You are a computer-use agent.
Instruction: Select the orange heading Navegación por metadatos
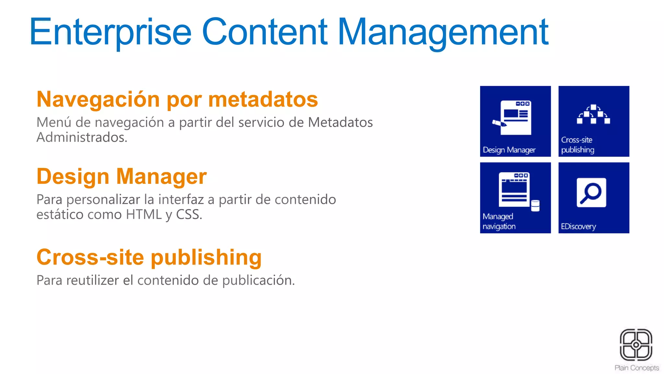(x=177, y=99)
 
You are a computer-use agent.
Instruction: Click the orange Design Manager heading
(x=122, y=176)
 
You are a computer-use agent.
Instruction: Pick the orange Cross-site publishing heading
(x=149, y=257)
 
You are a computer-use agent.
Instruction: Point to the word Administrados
(x=82, y=137)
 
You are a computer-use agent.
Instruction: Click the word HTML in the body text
(x=144, y=215)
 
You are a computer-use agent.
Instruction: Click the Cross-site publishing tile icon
(x=593, y=114)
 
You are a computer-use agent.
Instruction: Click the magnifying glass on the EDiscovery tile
(x=591, y=193)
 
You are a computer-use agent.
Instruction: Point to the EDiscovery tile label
(x=578, y=226)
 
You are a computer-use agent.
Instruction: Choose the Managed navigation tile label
(x=499, y=221)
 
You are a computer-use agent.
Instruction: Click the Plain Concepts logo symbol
(x=636, y=345)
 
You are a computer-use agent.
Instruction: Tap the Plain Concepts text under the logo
(x=636, y=368)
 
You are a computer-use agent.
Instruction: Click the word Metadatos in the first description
(x=340, y=122)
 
